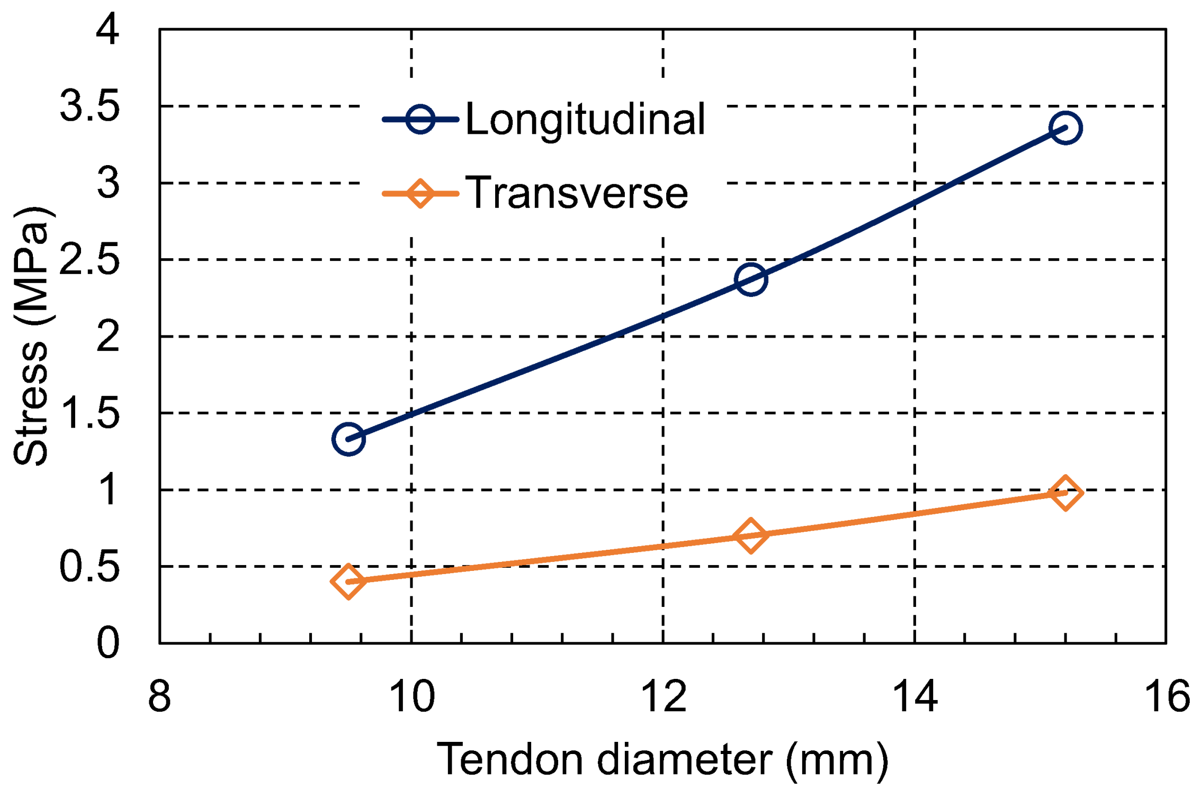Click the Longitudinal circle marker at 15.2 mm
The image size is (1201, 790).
coord(1065,128)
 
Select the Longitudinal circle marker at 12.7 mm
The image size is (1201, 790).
coord(751,279)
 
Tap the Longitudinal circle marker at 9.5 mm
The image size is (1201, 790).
coord(348,439)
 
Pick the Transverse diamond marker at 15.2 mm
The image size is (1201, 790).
coord(1065,493)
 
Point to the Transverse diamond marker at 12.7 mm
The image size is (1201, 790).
coord(751,535)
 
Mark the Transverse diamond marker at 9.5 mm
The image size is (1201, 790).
coord(348,581)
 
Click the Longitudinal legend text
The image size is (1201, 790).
coord(585,120)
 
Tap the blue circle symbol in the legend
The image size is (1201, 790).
coord(420,119)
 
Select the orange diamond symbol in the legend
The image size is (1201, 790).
coord(420,193)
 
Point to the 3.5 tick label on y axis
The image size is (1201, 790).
coord(89,106)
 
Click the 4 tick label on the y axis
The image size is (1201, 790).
coord(107,29)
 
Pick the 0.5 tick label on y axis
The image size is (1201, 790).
coord(89,567)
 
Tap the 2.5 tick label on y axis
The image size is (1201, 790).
coord(89,260)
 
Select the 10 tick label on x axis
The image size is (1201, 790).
coord(411,696)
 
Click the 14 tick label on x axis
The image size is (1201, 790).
coord(915,696)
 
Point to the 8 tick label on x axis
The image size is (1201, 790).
coord(159,696)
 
